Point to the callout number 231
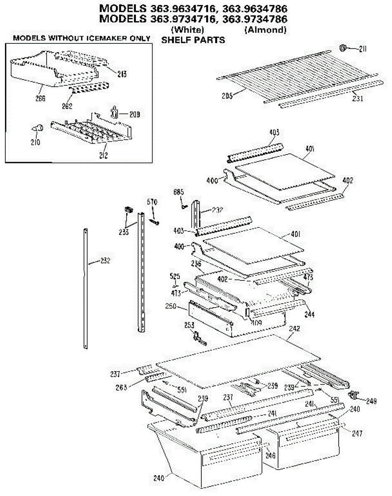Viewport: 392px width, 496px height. (358, 99)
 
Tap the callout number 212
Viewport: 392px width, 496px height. (103, 156)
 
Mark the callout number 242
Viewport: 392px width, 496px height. (295, 329)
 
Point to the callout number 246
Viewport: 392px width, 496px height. (270, 455)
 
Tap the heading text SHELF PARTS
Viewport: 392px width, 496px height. (193, 40)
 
